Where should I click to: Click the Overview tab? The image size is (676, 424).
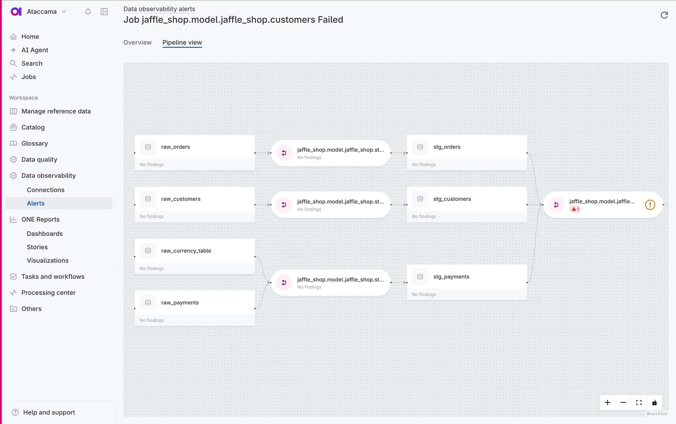137,43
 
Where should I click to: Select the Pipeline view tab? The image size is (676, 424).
182,43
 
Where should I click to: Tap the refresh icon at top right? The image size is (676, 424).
664,15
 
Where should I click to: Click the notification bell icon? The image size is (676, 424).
88,12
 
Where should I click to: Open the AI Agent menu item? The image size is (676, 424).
35,50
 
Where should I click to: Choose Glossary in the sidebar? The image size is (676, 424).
35,143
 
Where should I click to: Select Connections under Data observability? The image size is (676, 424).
45,190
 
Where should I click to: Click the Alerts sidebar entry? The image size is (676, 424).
36,203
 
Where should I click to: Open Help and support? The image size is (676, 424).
49,412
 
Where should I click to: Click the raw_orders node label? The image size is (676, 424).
175,147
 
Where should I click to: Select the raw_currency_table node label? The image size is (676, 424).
186,251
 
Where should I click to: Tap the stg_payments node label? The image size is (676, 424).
451,277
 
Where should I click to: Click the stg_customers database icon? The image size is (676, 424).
420,199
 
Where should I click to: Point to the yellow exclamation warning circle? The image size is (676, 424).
650,205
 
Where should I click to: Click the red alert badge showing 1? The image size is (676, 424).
575,209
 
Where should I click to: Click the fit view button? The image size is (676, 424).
639,403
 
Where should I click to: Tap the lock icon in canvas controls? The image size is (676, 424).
654,403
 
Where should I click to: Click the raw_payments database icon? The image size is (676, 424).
148,303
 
